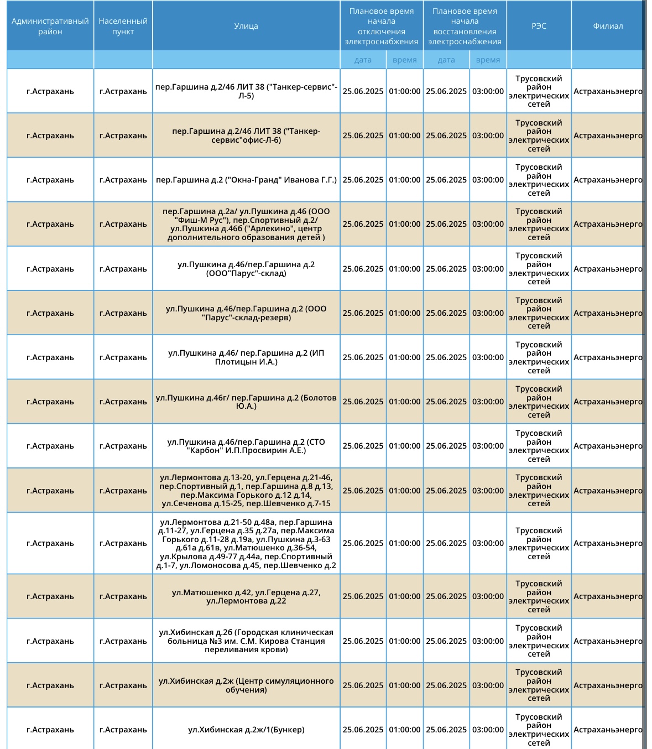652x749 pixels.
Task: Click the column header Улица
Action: pyautogui.click(x=246, y=26)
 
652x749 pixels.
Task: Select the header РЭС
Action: pyautogui.click(x=539, y=26)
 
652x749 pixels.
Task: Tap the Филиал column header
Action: pyautogui.click(x=608, y=26)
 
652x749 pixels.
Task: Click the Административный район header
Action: pyautogui.click(x=50, y=26)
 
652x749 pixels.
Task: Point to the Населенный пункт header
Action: pyautogui.click(x=123, y=26)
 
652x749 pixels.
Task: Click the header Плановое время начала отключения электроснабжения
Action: pyautogui.click(x=382, y=26)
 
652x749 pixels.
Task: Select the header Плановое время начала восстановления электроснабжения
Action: pyautogui.click(x=465, y=26)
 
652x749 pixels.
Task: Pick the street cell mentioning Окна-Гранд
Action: pyautogui.click(x=246, y=180)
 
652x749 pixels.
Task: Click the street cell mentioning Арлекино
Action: pyautogui.click(x=246, y=224)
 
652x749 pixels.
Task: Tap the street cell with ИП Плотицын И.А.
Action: pyautogui.click(x=246, y=357)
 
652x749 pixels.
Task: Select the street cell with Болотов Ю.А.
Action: pyautogui.click(x=246, y=402)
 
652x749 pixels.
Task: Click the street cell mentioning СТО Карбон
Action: pyautogui.click(x=246, y=446)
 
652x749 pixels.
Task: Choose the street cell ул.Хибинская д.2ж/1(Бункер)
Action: pyautogui.click(x=246, y=730)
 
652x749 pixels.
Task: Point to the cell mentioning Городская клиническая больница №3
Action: pyautogui.click(x=246, y=641)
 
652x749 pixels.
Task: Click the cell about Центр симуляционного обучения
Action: pyautogui.click(x=246, y=685)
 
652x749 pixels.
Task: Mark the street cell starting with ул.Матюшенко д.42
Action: pyautogui.click(x=246, y=596)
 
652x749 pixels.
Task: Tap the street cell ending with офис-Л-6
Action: pyautogui.click(x=246, y=136)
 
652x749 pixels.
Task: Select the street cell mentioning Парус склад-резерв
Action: pyautogui.click(x=246, y=313)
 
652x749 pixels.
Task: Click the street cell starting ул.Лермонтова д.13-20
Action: pyautogui.click(x=246, y=491)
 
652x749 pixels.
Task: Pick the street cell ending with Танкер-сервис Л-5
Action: pyautogui.click(x=246, y=91)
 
